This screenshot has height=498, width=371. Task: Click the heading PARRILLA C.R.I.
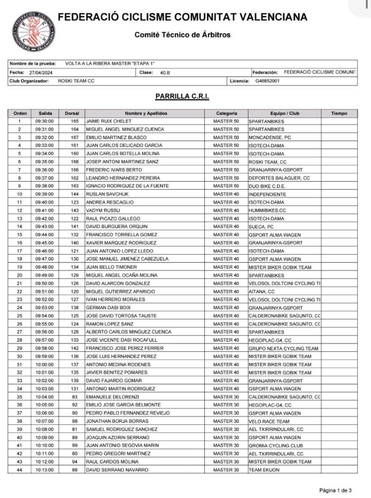[182, 97]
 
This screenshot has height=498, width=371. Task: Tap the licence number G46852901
[267, 81]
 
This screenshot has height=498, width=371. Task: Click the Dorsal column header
[74, 113]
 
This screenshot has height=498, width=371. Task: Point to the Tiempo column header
[339, 113]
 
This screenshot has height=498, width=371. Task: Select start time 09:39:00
[44, 194]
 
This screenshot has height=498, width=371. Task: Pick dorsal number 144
[74, 194]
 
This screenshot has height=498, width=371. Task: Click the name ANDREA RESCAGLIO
[108, 202]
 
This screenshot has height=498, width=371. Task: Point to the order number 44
[19, 470]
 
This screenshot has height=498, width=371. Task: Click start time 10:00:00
[44, 364]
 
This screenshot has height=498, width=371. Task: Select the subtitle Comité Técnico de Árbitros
[182, 35]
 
